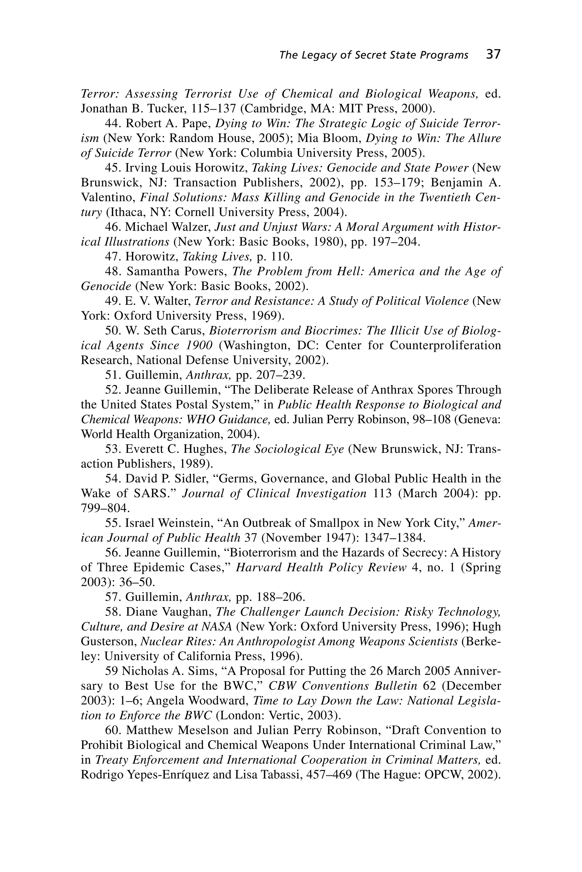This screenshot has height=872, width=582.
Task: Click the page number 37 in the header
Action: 493,54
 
